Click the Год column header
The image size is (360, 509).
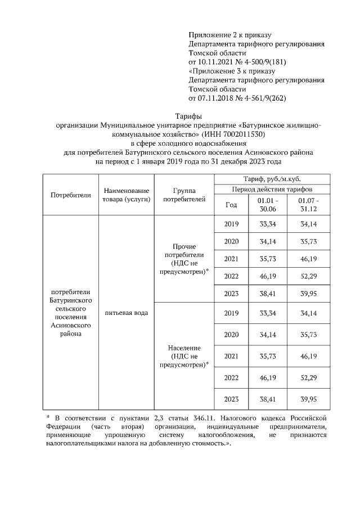(x=231, y=205)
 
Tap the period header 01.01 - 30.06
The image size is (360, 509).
(x=267, y=205)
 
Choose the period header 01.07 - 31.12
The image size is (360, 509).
(x=308, y=205)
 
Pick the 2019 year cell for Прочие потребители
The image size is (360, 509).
(x=231, y=224)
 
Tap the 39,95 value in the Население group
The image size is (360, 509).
(x=308, y=399)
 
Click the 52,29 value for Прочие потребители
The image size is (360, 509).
(x=308, y=276)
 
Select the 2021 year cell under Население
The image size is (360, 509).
(x=231, y=356)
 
